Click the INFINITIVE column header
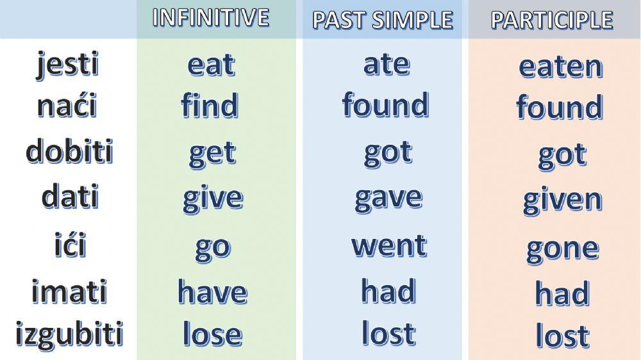click(x=211, y=18)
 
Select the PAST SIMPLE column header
click(x=383, y=20)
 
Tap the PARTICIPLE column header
click(x=552, y=20)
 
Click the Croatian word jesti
click(x=68, y=65)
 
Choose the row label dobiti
click(x=69, y=151)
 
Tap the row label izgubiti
click(x=69, y=334)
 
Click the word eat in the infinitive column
click(x=211, y=65)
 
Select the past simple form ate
click(x=387, y=64)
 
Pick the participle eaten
click(x=561, y=67)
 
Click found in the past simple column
click(x=385, y=105)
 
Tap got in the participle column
click(x=562, y=155)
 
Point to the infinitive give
click(x=213, y=199)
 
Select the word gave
click(x=388, y=198)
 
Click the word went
click(x=389, y=245)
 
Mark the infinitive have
click(x=212, y=292)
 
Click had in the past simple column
click(x=388, y=291)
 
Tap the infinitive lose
click(x=212, y=334)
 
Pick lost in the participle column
click(x=562, y=336)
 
